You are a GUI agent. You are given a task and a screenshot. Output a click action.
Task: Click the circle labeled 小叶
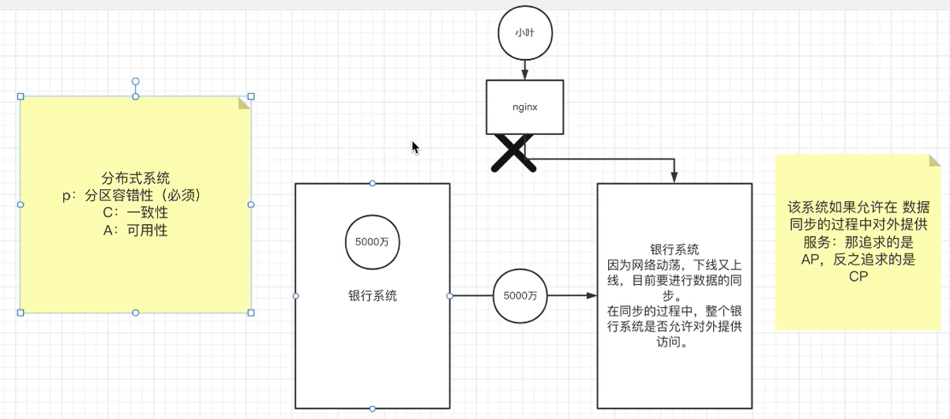524,34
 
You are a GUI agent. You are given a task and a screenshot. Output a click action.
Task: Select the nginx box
524,107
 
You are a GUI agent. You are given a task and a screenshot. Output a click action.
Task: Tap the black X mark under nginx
513,152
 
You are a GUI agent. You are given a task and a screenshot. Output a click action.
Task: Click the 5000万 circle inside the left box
371,242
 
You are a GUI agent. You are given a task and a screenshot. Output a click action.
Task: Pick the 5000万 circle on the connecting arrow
520,296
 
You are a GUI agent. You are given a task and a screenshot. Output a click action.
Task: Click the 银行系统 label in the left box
372,296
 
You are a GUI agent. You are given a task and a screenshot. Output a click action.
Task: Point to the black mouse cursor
415,148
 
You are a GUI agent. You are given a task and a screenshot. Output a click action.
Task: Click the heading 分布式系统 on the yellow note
136,178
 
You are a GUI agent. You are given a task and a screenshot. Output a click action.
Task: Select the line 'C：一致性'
136,213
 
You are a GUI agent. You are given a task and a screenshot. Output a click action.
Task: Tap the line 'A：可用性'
136,230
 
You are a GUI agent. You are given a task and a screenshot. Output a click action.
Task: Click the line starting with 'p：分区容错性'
136,196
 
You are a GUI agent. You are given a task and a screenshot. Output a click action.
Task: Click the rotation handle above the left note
136,81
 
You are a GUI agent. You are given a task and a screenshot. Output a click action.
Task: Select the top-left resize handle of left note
21,96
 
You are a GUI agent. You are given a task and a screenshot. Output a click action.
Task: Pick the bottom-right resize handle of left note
251,312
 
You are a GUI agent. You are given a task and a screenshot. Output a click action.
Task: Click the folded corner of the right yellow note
934,160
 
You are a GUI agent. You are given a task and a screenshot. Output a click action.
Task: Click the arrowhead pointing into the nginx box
524,75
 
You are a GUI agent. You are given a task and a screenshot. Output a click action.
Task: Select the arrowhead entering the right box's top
674,178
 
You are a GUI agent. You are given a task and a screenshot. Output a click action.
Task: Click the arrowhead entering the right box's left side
591,296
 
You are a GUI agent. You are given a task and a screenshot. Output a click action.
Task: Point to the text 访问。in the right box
674,343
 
